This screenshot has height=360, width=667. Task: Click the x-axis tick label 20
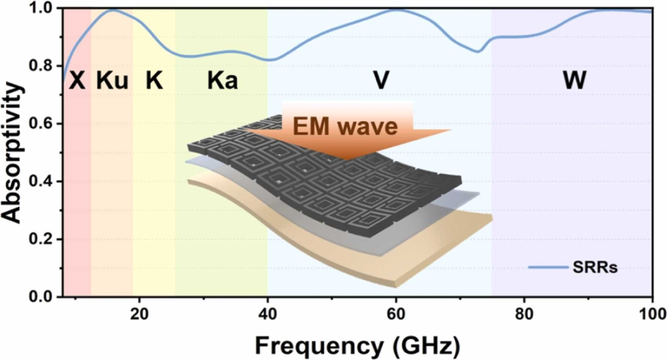(139, 314)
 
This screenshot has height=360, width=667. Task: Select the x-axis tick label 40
(268, 314)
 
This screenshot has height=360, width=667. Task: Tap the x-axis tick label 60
(396, 314)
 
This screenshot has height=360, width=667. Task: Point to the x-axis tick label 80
(524, 314)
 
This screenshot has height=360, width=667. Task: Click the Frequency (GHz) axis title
(357, 346)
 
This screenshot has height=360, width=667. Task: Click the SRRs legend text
(595, 268)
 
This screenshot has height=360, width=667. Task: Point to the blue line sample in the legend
(548, 267)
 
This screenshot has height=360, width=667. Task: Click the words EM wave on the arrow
(345, 126)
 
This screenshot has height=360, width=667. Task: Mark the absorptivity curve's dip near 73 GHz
(479, 52)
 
